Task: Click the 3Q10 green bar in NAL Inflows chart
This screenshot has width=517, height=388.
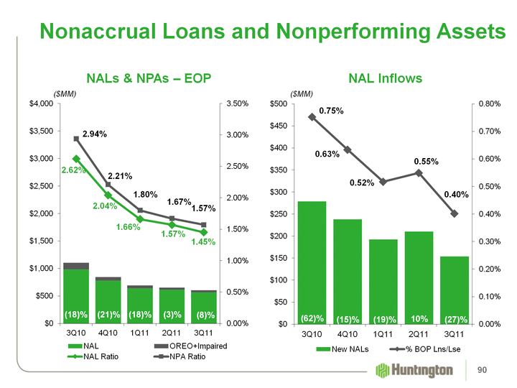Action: pos(312,259)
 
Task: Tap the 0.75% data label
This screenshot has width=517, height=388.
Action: pos(331,111)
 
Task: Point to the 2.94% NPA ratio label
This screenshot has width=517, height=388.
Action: pos(95,134)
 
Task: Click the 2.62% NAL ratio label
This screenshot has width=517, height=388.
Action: pos(73,170)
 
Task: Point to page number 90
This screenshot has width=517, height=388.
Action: pos(493,370)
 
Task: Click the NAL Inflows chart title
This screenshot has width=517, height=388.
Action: pos(385,78)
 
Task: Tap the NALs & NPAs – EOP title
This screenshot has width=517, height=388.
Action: pos(149,78)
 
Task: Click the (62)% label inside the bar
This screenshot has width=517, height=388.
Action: pos(312,318)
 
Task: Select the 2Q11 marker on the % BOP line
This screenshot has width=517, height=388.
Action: pos(419,172)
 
